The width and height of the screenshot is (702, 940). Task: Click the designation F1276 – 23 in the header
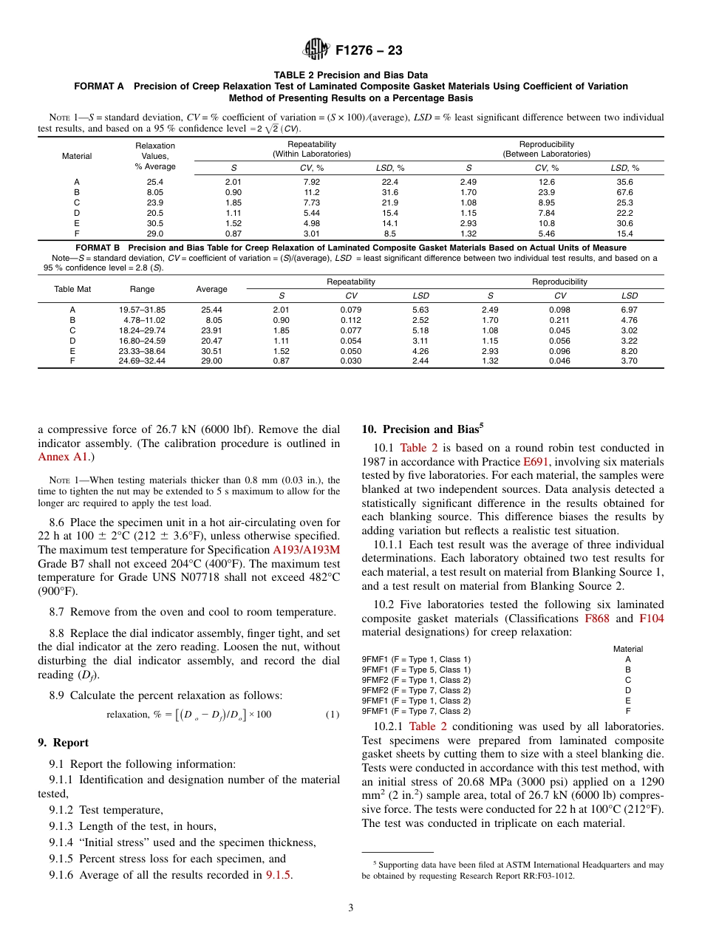[x=369, y=51]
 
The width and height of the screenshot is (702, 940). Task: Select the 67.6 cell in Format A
[x=624, y=192]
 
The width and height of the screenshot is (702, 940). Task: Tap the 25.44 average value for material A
[x=211, y=310]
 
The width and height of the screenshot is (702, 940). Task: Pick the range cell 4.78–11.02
[x=142, y=320]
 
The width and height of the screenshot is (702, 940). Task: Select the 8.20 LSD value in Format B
[x=629, y=351]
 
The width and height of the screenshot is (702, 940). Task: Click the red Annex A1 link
[x=62, y=457]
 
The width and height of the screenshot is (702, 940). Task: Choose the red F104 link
[x=651, y=619]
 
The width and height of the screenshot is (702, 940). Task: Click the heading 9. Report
[x=63, y=743]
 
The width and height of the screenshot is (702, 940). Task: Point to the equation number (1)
[x=332, y=715]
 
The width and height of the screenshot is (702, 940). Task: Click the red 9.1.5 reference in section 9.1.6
[x=279, y=875]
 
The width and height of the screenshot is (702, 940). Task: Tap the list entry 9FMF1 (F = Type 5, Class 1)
[x=416, y=670]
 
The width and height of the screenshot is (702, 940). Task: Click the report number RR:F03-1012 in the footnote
[x=537, y=876]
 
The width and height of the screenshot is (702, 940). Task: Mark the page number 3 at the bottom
[x=351, y=908]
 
